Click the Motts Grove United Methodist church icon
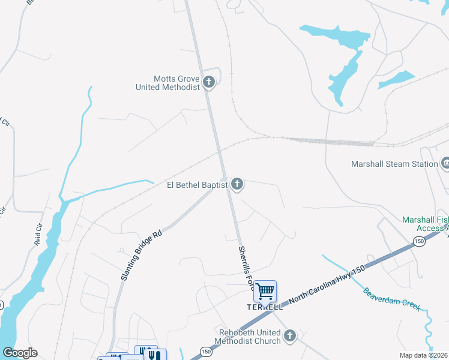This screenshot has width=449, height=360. tap(209, 82)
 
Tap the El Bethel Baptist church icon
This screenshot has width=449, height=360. tap(237, 184)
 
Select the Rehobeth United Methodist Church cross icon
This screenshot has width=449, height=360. tap(290, 336)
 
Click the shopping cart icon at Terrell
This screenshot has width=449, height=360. tap(265, 292)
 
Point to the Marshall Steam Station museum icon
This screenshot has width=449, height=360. tap(445, 163)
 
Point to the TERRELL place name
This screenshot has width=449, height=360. tap(265, 307)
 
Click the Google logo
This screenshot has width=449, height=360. tap(20, 352)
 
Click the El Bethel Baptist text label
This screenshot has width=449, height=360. tap(197, 185)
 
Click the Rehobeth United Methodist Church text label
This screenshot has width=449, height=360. tap(250, 337)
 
